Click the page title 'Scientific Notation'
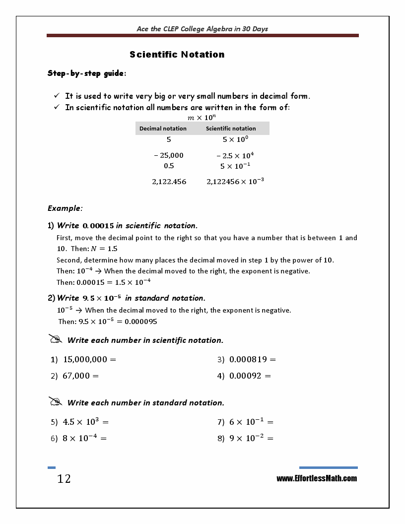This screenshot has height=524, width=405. (177, 55)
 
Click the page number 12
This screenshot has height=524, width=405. (64, 479)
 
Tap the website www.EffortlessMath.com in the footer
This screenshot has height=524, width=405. (317, 478)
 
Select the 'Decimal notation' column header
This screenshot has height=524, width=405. (163, 129)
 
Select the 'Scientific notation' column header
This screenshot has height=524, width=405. (231, 129)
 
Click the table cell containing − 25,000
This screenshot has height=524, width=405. (169, 155)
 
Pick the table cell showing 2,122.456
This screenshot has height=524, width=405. (169, 182)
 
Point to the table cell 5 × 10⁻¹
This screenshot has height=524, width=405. (235, 166)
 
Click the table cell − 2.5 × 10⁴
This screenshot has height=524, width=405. (235, 155)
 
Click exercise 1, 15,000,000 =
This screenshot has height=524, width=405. (89, 359)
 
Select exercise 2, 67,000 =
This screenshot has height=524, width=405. (80, 376)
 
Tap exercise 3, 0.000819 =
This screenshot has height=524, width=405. (252, 359)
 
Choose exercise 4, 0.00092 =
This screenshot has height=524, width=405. (250, 376)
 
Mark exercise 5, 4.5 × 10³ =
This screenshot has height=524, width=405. (85, 422)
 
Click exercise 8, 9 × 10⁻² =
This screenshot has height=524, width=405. (251, 438)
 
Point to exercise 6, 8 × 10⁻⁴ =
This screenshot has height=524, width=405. (84, 438)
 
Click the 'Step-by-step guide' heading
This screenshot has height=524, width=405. (86, 73)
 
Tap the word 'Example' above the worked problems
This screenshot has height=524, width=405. (65, 208)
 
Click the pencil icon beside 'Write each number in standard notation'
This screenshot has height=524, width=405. (55, 401)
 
